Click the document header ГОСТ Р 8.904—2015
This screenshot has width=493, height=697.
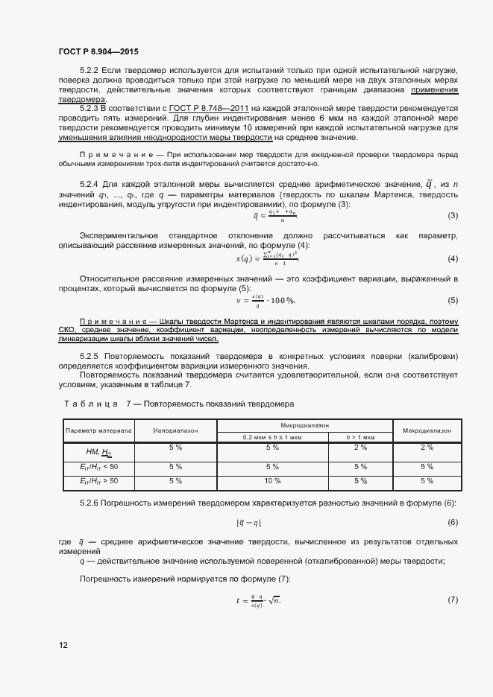pos(98,51)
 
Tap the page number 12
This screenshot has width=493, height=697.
pos(63,644)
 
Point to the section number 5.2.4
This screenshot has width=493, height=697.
pos(90,184)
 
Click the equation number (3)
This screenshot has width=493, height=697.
pos(452,216)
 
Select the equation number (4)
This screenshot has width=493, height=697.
pos(452,258)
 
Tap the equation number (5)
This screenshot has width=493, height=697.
pos(452,300)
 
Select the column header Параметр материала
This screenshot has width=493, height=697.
pos(98,430)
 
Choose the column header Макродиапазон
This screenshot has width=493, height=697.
pos(427,430)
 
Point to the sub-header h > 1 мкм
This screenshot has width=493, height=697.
pos(361,436)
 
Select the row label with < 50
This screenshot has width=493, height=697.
pos(98,466)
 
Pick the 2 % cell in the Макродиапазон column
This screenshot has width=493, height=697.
pos(427,448)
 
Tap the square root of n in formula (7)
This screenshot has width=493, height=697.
pos(275,599)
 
